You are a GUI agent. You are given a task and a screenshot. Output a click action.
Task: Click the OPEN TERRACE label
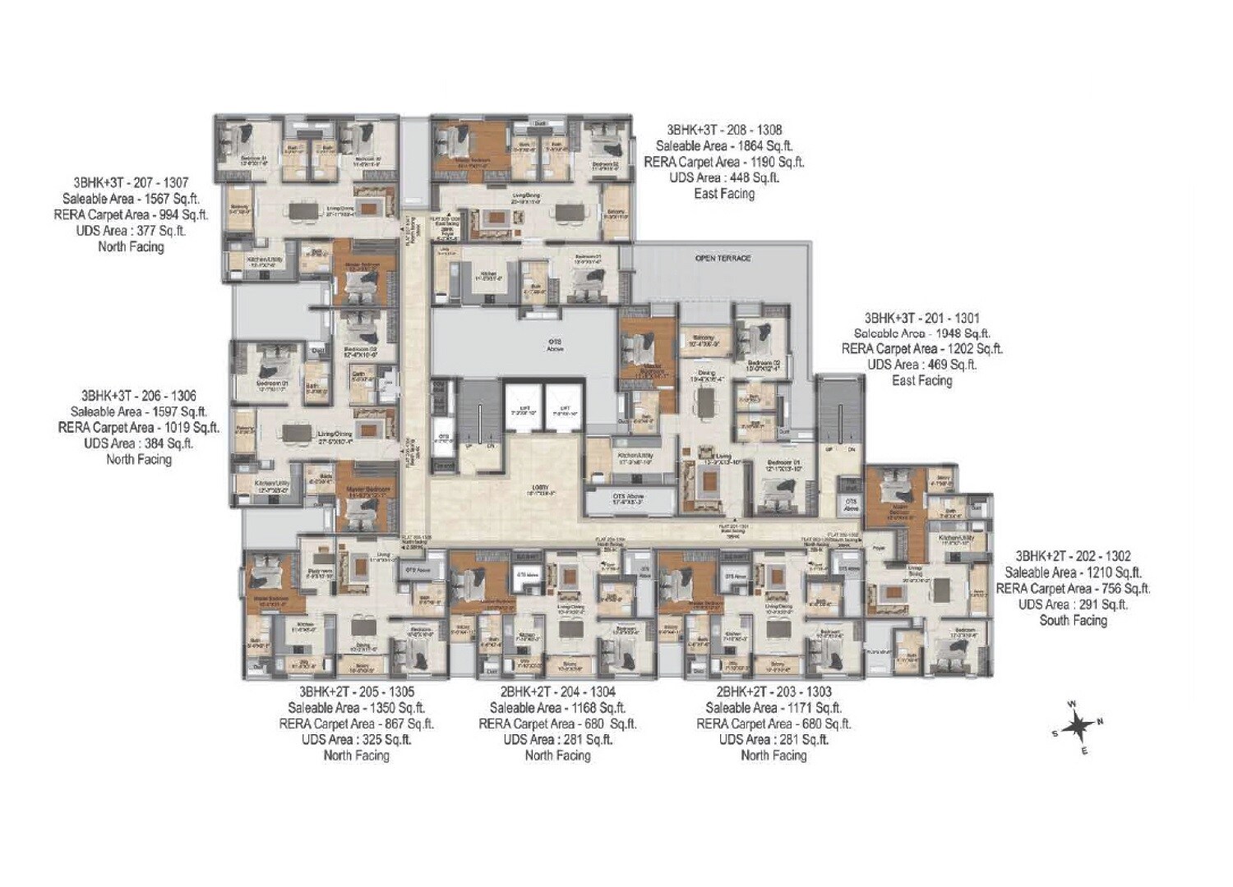723,258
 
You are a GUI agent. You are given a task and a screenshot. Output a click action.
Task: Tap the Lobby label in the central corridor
540,489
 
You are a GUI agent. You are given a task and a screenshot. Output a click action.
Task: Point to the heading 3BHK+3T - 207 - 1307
131,182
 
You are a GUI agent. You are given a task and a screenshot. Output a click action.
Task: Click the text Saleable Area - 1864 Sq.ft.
724,145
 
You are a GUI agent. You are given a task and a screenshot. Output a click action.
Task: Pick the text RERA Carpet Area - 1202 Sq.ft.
921,349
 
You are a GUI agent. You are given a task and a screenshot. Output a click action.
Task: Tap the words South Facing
1073,620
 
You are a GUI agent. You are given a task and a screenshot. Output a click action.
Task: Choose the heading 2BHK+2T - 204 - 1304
557,692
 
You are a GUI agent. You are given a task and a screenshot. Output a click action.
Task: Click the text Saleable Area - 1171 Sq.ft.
774,707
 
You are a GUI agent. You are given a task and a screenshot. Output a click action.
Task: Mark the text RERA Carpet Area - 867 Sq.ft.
356,724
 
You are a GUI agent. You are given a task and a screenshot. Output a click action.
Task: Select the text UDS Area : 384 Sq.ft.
138,443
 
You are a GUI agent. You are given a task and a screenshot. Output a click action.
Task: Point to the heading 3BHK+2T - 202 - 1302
1073,556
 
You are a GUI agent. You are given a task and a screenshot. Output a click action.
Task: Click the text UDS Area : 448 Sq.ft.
724,177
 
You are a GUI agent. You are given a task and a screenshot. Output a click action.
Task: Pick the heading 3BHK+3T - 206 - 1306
138,395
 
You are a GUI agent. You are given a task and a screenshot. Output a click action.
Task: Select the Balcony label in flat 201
703,338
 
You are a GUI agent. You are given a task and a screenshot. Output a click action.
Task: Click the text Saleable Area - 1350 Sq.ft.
356,707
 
